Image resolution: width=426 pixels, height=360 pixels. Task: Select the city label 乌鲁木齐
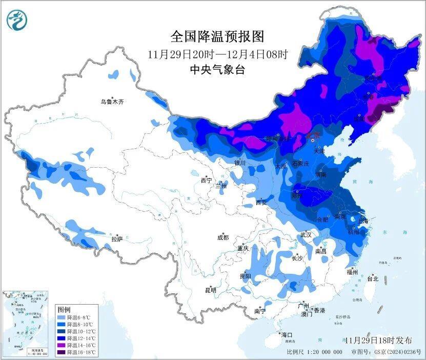(x=112, y=102)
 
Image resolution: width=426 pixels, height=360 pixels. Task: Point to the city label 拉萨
(x=117, y=239)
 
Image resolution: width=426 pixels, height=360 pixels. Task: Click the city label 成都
(x=222, y=237)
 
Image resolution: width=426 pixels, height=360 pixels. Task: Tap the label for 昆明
(x=211, y=290)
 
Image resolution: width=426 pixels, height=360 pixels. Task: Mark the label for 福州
(x=352, y=272)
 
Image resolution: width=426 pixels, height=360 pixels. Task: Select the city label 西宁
(x=206, y=181)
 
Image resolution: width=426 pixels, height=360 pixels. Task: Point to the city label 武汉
(x=307, y=234)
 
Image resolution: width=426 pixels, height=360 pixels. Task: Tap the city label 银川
(x=240, y=163)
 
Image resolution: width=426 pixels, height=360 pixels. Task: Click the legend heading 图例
(x=64, y=310)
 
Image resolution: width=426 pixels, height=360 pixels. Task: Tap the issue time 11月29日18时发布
(x=378, y=341)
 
